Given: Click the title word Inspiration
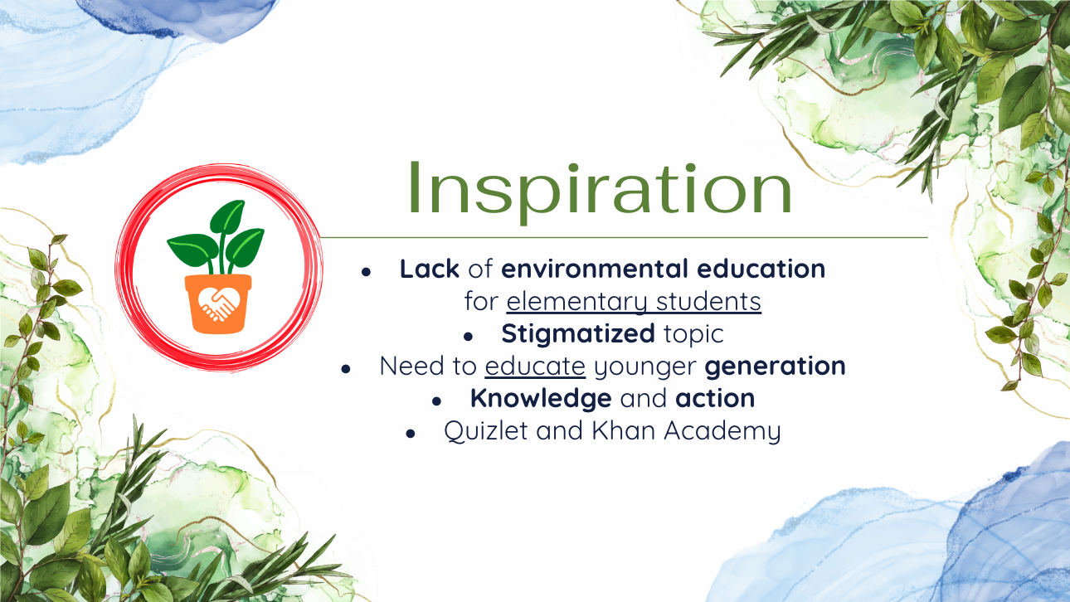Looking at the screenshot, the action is coord(600,190).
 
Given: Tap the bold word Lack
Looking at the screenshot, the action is coord(429,269).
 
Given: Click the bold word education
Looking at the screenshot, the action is coord(761,269).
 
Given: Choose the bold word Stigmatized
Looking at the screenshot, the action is coord(578,334).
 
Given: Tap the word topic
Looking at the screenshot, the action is coord(694,334).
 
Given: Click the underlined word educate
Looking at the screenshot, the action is coord(535,367).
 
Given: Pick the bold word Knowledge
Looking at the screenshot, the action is coord(541,399).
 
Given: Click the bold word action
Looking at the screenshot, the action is coord(715,399).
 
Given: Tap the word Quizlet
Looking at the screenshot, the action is coord(486,430).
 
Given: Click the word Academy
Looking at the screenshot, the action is coord(722,431).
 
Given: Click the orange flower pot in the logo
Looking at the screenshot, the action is coord(218,303).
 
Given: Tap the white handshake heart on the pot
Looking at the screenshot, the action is coord(218,303).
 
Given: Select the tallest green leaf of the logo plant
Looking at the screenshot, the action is coord(227,218).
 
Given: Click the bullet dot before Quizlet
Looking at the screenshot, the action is coord(411,434).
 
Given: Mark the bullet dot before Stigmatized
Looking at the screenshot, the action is coord(468,337).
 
